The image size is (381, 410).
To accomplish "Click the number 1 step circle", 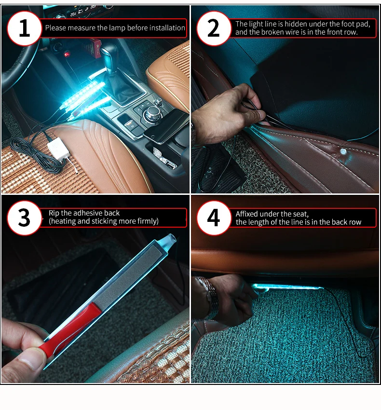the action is (x=24, y=28).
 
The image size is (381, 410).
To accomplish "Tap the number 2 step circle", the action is (x=214, y=28).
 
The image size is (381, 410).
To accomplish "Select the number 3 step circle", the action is (x=24, y=218).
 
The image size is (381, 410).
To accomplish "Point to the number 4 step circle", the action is (x=214, y=218).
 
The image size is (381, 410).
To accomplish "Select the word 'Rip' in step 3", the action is (x=54, y=213).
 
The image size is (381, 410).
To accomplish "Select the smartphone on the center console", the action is (x=166, y=126).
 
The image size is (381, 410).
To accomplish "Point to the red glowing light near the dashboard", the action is (x=67, y=55).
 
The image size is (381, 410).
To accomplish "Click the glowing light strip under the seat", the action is (x=287, y=287).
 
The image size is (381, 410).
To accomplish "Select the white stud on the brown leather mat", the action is (x=343, y=151).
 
